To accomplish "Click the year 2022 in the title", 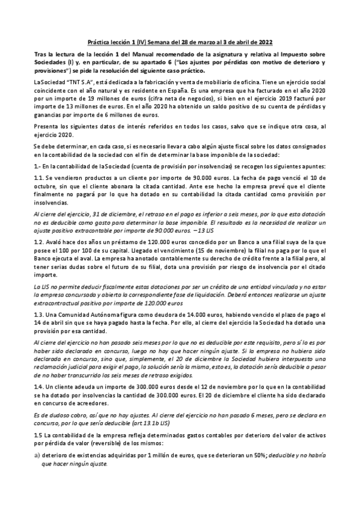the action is tap(266, 42).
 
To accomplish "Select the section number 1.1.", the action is tap(39, 178).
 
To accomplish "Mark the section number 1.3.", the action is tap(39, 313).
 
